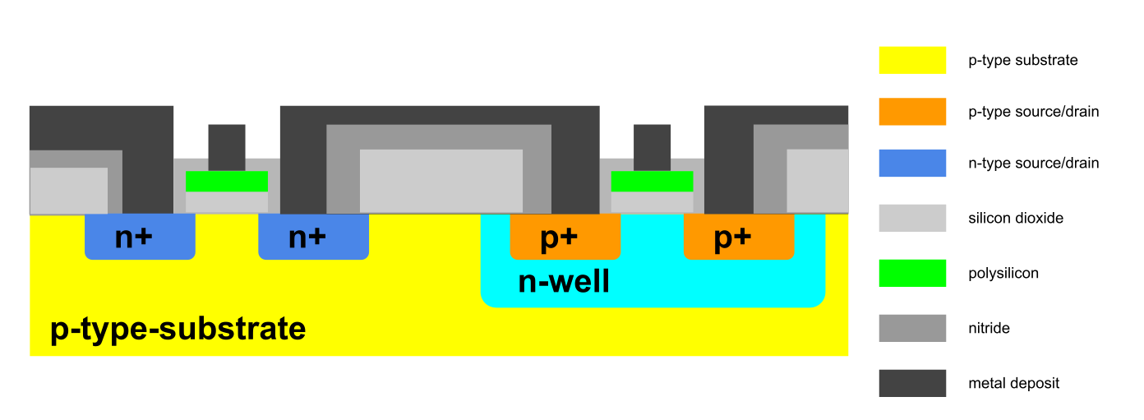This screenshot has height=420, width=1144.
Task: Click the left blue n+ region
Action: point(140,237)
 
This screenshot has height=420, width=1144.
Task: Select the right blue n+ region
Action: point(313,237)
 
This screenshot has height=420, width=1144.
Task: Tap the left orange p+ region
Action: point(565,237)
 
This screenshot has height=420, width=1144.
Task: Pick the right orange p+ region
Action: point(739,237)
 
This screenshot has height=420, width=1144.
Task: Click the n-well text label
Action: point(564,282)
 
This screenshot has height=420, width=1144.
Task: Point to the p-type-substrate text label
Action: point(178,329)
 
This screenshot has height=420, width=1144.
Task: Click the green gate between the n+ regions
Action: point(227,181)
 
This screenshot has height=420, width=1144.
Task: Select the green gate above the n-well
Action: point(652,181)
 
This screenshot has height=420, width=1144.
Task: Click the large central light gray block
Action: point(441,180)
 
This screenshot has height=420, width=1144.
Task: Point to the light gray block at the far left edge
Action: point(69,190)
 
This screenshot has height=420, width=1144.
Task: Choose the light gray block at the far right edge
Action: point(818,180)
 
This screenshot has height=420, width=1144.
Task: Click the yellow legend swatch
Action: point(912,60)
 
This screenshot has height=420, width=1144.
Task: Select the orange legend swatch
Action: point(912,112)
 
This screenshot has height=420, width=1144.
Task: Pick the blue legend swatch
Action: point(912,163)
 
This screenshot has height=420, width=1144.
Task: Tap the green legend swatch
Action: point(912,273)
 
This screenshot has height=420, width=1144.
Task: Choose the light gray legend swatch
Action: point(912,218)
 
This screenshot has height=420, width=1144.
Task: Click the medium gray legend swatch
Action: point(912,328)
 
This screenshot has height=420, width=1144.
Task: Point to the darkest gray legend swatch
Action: point(912,383)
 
